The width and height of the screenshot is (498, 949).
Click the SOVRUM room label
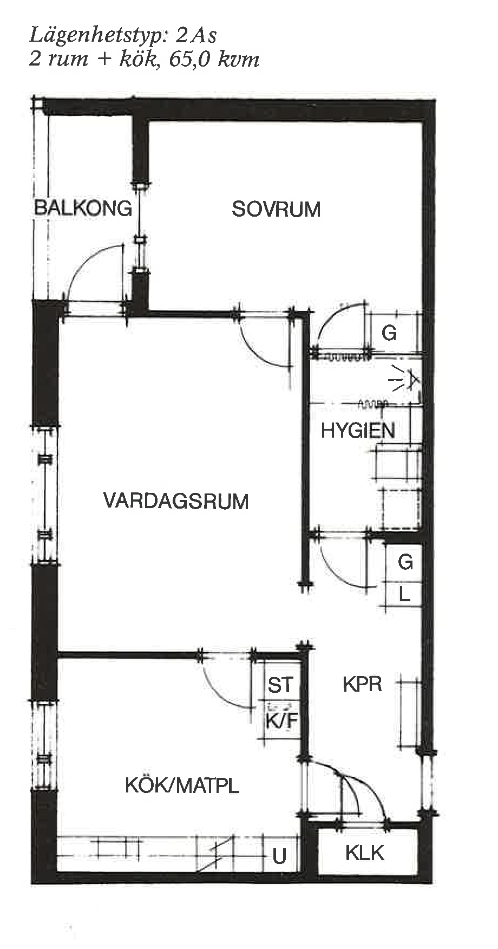pos(276,209)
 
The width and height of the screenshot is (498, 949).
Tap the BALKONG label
pos(83,208)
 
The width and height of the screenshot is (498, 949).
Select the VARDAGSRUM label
pos(176,501)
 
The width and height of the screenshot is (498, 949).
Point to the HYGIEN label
pos(358,431)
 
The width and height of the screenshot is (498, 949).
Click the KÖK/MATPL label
pos(182,785)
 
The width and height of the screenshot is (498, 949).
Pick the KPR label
pos(362,684)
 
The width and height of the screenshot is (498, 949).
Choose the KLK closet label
pos(364,853)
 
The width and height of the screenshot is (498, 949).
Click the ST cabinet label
pos(280,685)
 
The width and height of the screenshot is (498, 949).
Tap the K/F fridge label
pos(281,721)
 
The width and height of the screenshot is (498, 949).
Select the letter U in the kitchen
pos(279,856)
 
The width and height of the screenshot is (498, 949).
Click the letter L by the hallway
pos(404,595)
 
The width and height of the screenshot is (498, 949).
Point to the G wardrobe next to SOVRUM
pos(389,333)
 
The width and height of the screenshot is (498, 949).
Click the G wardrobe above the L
pos(405,562)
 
